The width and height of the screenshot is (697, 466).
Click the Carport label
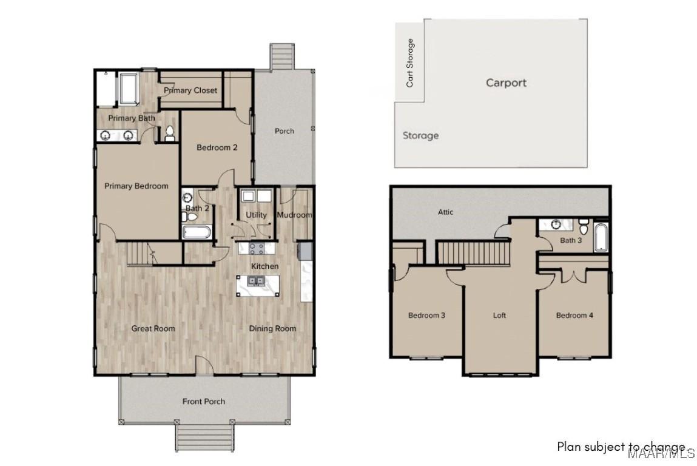(x=506, y=83)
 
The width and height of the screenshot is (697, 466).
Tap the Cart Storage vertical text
(x=411, y=63)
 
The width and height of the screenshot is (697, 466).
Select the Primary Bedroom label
(x=136, y=186)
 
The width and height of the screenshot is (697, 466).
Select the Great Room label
(x=153, y=328)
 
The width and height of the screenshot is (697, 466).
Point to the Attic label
(x=446, y=212)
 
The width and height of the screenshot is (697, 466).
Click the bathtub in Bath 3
(x=601, y=238)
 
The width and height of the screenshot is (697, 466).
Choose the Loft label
(x=499, y=315)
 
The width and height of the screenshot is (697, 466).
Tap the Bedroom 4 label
(x=574, y=315)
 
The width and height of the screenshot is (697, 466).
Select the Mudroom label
(x=294, y=215)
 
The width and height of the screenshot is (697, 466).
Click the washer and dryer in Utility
(x=256, y=197)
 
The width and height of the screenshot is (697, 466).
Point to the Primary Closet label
(x=190, y=90)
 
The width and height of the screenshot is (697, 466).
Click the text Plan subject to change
(x=621, y=446)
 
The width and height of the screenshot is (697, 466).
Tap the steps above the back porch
(x=281, y=56)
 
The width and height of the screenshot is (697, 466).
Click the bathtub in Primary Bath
(x=129, y=89)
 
